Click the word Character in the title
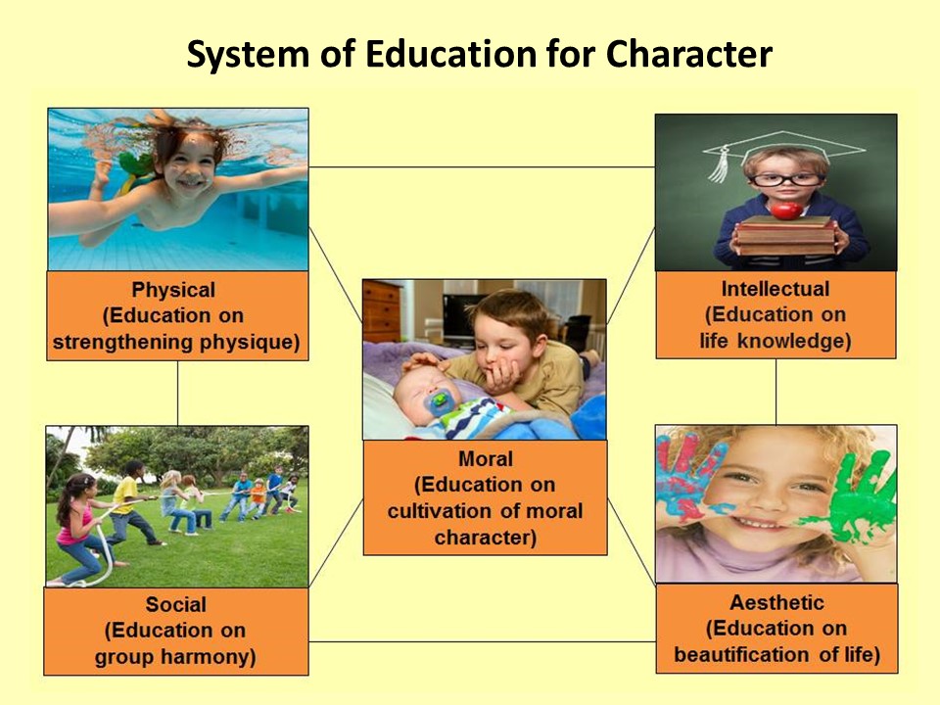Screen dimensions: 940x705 [688, 54]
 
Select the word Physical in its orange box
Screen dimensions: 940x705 [173, 290]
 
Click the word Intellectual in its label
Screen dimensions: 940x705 [775, 289]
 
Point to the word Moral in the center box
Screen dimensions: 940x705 [486, 459]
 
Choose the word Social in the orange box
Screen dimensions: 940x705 [175, 604]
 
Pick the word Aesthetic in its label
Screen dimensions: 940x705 [776, 602]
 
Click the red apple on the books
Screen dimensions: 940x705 [786, 210]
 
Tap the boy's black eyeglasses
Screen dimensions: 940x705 [785, 178]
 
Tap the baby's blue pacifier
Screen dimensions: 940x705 [440, 400]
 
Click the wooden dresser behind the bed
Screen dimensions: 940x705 [382, 311]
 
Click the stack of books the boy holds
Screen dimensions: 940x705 [786, 236]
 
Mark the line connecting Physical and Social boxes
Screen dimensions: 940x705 [177, 394]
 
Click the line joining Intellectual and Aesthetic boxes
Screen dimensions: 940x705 [775, 392]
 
